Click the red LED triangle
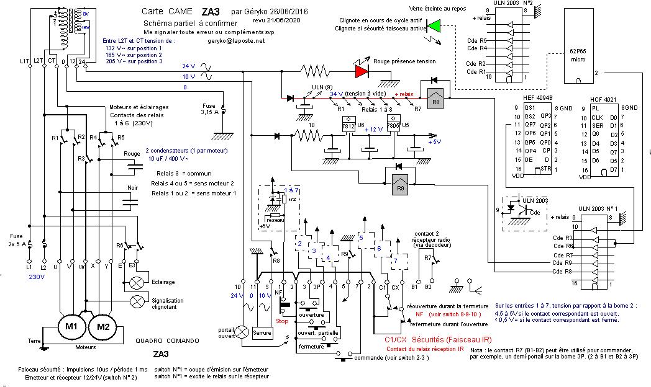click(x=361, y=71)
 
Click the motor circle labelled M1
click(x=71, y=326)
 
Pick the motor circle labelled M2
click(x=103, y=326)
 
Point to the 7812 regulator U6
click(x=348, y=125)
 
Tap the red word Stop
click(x=281, y=321)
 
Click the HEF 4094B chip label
click(x=539, y=97)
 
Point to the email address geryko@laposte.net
click(x=237, y=40)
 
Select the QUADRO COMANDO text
click(x=167, y=340)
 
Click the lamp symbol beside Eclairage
click(x=137, y=283)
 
